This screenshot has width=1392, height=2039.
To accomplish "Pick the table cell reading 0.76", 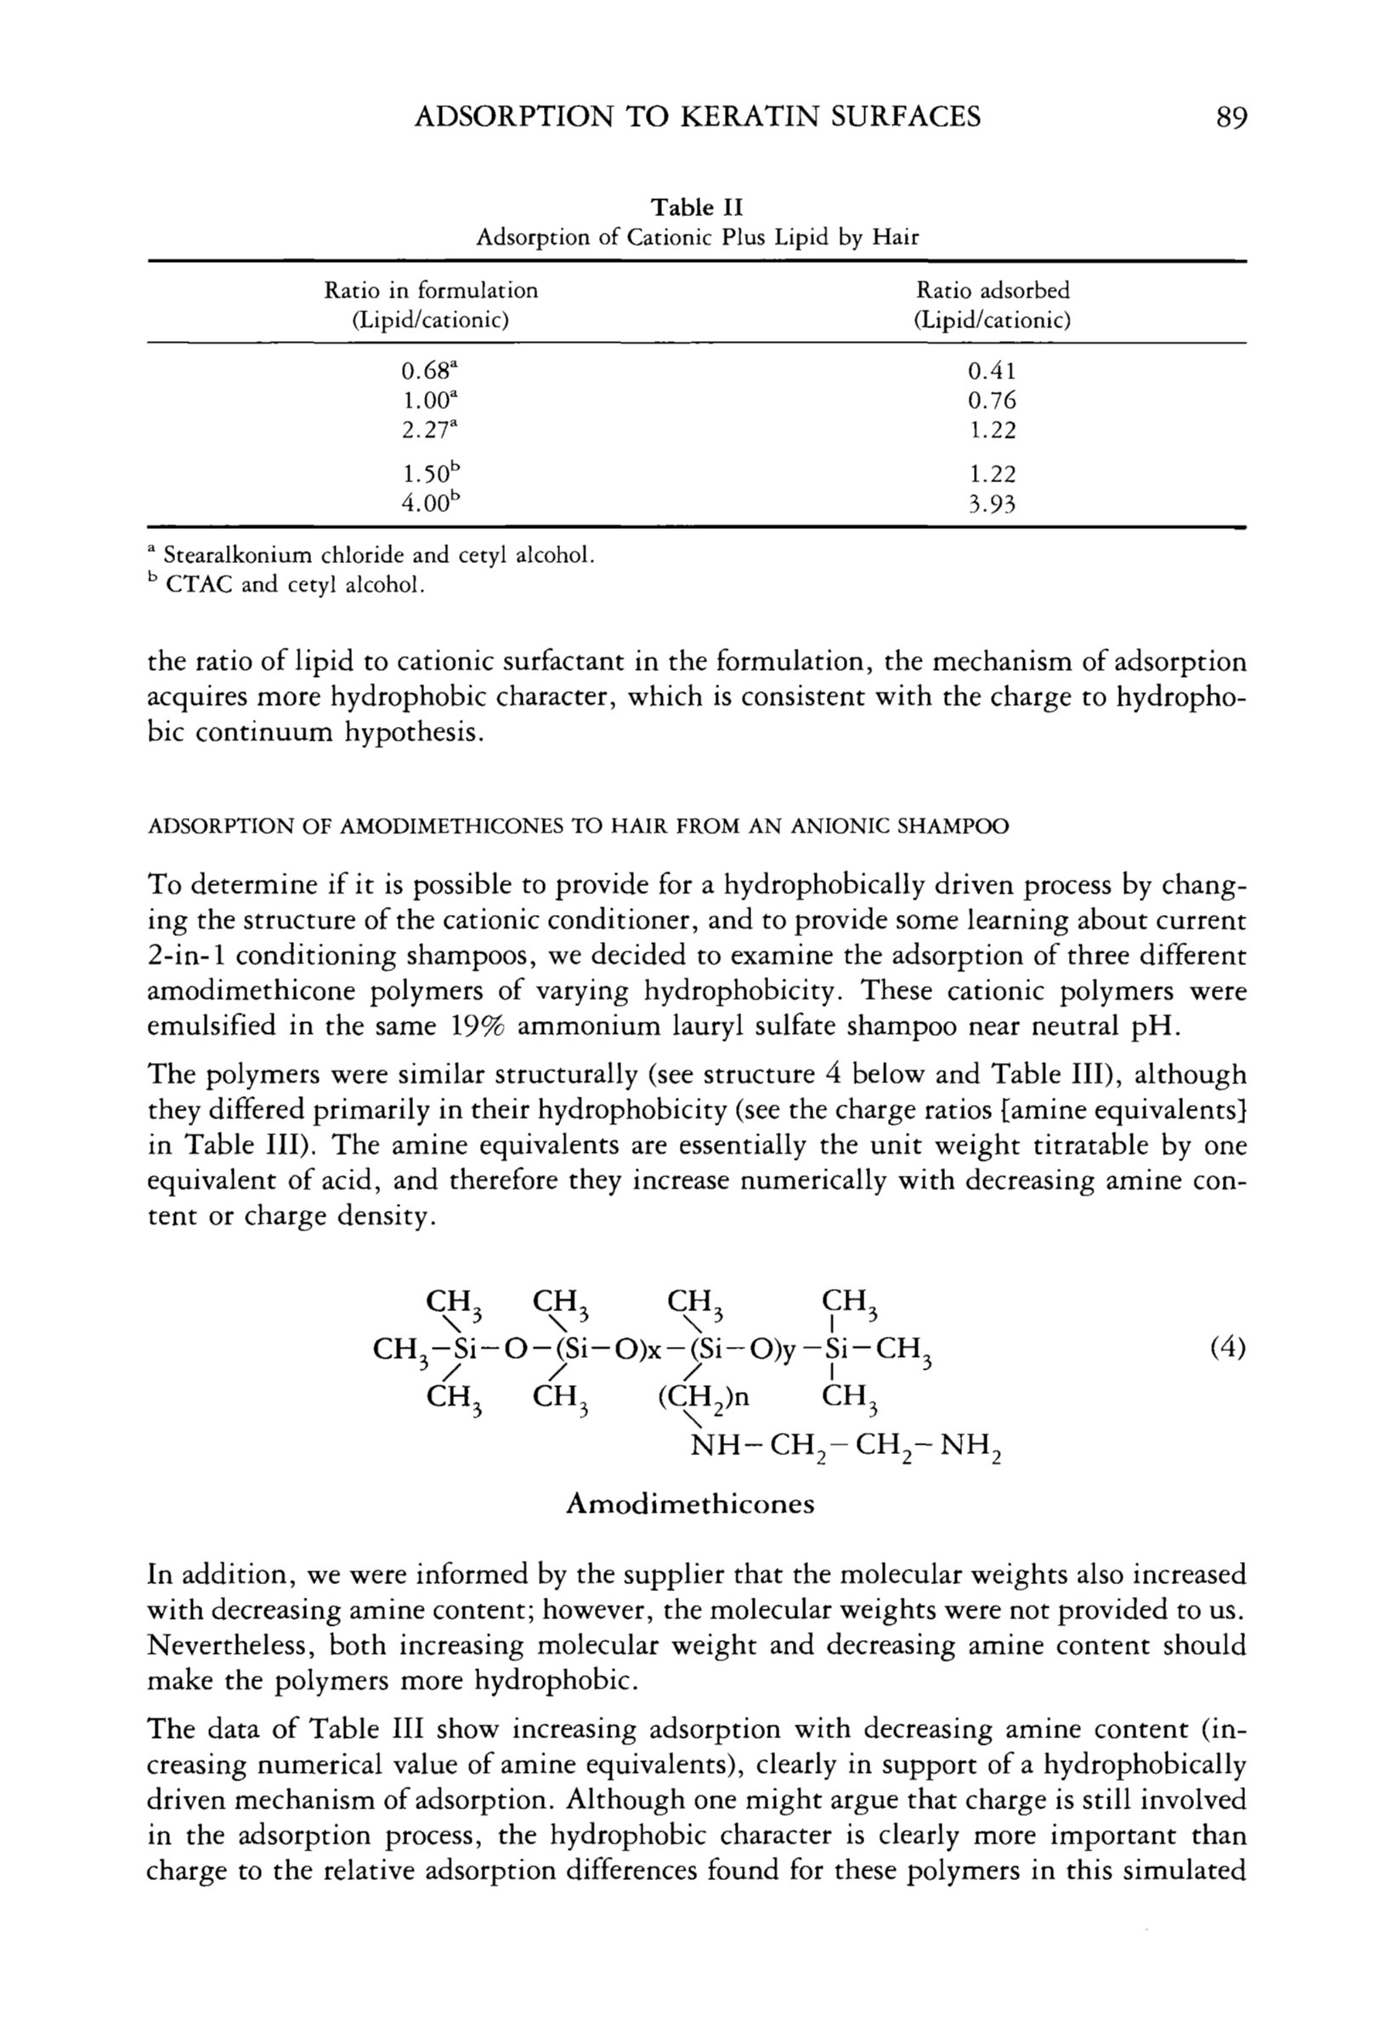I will coord(992,401).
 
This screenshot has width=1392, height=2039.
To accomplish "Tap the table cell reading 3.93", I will coord(992,503).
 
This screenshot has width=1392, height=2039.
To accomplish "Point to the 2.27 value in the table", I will coord(429,430).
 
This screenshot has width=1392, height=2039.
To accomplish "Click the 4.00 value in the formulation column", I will coord(429,503).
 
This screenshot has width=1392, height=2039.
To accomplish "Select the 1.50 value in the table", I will coord(429,474).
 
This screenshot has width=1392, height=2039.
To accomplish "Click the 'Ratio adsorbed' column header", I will coord(992,291).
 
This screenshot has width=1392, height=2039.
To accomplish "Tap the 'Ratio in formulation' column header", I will coord(431,291).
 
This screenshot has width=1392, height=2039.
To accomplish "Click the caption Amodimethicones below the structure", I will coord(690,1505).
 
